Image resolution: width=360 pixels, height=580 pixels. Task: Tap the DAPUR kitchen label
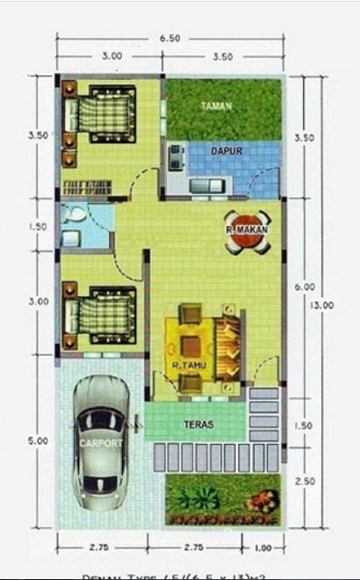[x=226, y=151]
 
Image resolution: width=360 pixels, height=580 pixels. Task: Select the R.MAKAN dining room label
[x=247, y=230]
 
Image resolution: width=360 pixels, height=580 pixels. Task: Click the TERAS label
[x=198, y=424]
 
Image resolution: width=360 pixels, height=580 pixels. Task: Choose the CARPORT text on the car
[x=100, y=443]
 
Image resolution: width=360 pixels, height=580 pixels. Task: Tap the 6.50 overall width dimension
[x=170, y=39]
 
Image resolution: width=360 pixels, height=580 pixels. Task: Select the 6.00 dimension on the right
[x=304, y=286]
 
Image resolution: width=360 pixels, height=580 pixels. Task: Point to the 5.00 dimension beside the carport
[x=38, y=441]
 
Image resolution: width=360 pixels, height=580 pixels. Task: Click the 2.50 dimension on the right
[x=304, y=482]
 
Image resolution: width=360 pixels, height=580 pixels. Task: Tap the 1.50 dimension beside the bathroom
[x=38, y=227]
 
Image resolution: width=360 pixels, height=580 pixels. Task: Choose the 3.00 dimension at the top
[x=111, y=55]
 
